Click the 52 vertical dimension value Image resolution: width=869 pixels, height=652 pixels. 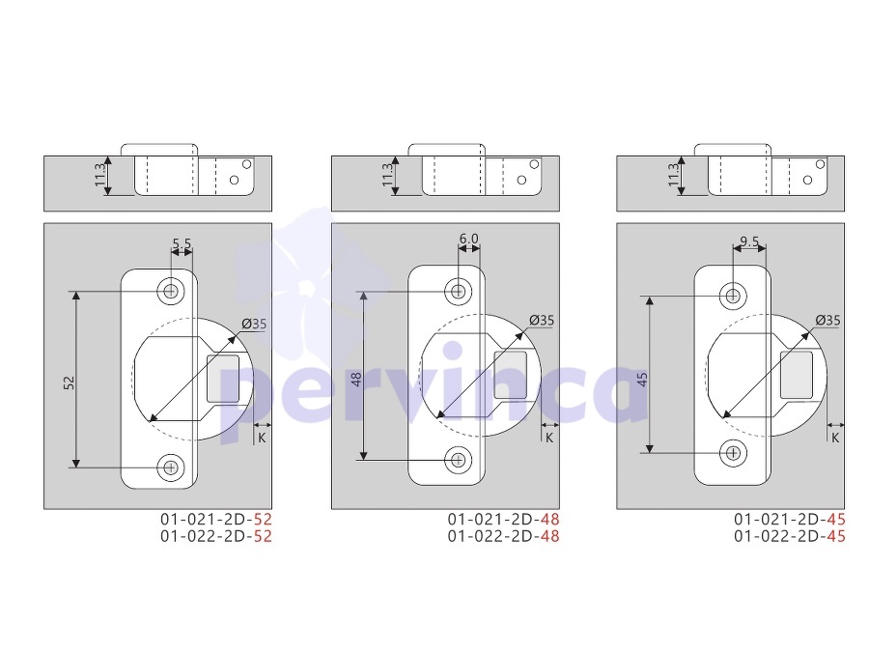(x=69, y=383)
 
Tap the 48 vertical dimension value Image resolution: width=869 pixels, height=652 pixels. (x=356, y=380)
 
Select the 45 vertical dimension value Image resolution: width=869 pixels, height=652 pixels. (x=642, y=380)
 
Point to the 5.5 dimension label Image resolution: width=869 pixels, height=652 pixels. (x=182, y=243)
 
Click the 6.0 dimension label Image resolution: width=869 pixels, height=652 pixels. (x=469, y=239)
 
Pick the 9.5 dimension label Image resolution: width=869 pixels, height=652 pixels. (x=749, y=241)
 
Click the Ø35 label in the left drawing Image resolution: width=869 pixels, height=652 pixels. (x=254, y=324)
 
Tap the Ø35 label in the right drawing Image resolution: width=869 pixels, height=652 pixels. (x=828, y=320)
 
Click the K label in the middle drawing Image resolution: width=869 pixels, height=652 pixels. (x=549, y=438)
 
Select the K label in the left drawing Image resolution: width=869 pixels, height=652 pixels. (x=262, y=438)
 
